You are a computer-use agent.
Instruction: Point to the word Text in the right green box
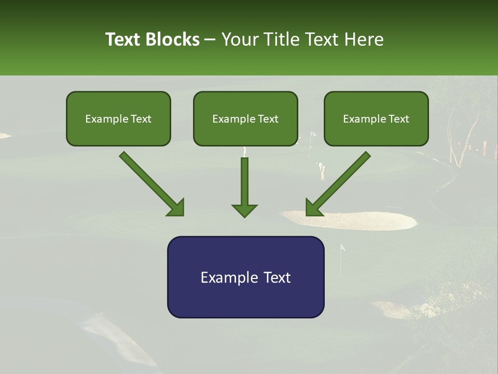click(398, 119)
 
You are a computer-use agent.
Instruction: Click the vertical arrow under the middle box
click(244, 184)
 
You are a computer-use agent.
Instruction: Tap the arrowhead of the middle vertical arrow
click(244, 210)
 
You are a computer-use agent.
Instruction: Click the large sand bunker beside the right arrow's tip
click(363, 221)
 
